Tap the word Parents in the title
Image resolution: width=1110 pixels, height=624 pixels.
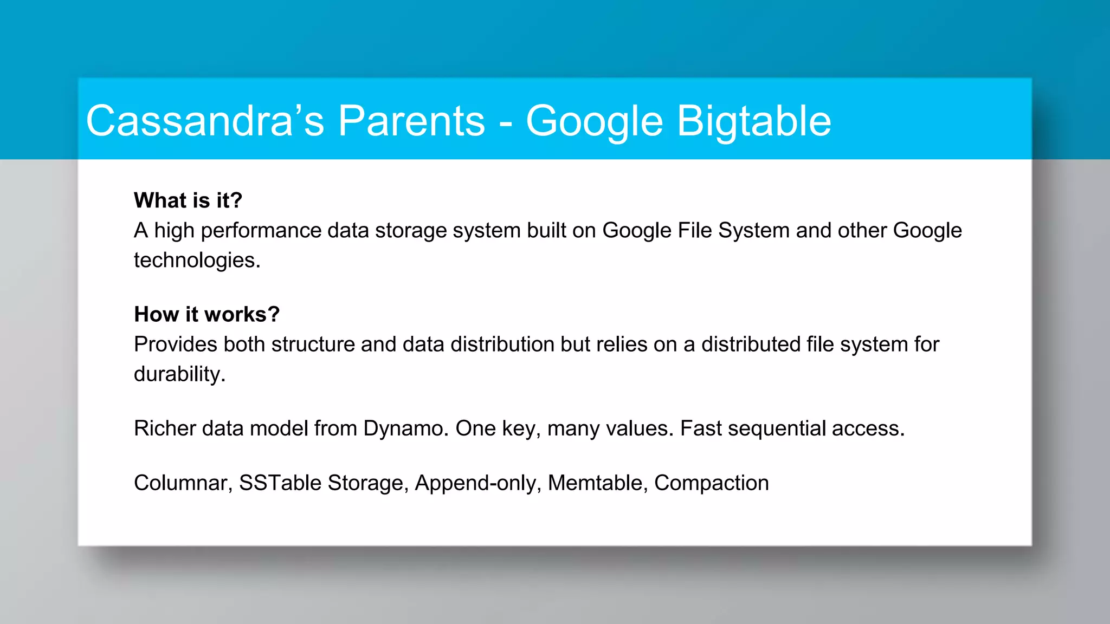[411, 121]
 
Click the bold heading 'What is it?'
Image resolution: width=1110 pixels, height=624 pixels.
[188, 200]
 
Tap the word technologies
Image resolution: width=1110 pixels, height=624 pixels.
[197, 261]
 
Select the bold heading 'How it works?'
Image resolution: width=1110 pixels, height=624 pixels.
[206, 314]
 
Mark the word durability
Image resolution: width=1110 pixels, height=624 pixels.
[179, 374]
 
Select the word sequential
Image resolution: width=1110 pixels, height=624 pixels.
[777, 428]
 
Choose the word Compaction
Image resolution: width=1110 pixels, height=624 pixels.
[711, 483]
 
